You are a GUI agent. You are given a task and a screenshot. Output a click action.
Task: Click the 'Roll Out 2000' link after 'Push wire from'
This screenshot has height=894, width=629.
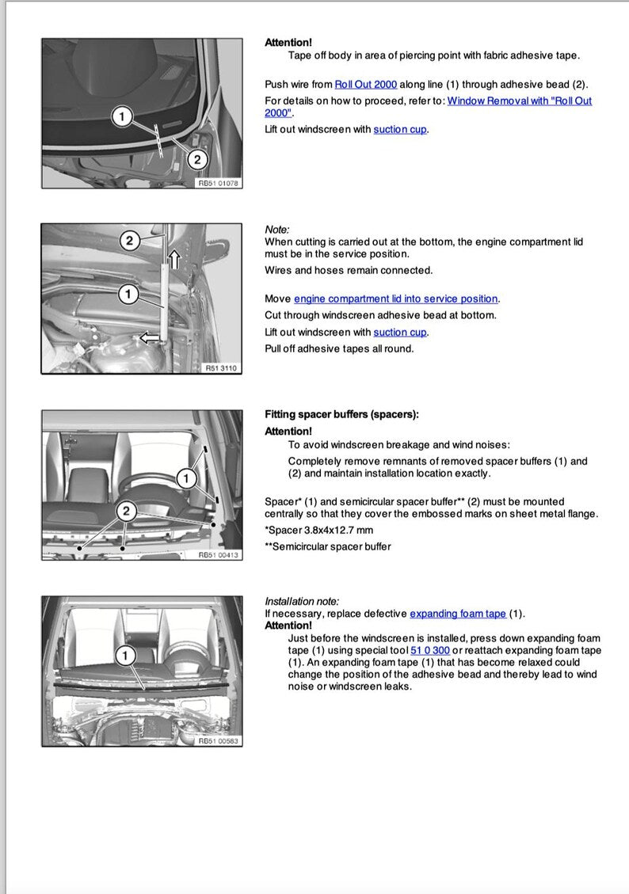coord(365,84)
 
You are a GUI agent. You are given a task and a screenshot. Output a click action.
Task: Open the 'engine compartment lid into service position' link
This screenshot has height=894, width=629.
coord(396,299)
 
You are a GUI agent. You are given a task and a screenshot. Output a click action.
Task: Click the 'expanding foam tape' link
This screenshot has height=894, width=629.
coord(458,614)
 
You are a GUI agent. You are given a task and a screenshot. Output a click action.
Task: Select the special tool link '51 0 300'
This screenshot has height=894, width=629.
coord(430,650)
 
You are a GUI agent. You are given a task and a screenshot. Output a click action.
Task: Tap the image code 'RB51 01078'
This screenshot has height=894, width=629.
coord(218,183)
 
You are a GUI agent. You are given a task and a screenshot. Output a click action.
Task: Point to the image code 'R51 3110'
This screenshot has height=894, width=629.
coord(220,368)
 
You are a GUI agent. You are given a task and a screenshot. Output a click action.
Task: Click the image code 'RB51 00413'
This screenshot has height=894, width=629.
coord(218,555)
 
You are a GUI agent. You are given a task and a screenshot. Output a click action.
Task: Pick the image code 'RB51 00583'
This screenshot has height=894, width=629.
coord(218,740)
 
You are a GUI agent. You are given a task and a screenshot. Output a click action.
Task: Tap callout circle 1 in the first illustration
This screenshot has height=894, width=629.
coord(121,117)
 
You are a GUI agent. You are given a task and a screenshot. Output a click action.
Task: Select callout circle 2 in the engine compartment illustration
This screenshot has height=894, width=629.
coord(130,240)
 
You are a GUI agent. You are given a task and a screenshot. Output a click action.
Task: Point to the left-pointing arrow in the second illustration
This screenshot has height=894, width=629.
coord(147,338)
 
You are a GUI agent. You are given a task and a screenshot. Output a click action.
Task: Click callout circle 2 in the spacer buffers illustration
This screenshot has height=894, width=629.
coord(125,511)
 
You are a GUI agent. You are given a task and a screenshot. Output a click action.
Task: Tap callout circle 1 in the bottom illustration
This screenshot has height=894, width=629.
coord(124,655)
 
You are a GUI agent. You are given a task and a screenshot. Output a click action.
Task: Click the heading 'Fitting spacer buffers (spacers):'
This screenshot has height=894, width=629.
coord(341,414)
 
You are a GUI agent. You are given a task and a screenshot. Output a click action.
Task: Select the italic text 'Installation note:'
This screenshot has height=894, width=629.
coord(301,601)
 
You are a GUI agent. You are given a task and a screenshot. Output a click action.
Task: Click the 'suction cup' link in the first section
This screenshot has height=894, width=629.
coord(400,129)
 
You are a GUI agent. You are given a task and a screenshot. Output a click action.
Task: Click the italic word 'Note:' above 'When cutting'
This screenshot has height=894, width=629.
coord(277,229)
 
